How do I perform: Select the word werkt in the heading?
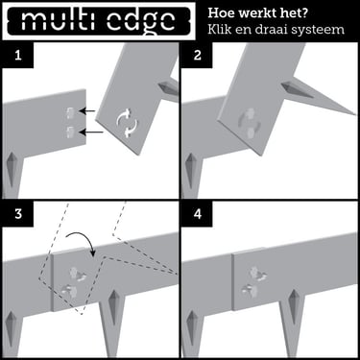point(265,13)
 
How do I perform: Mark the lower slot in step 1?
point(69,132)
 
